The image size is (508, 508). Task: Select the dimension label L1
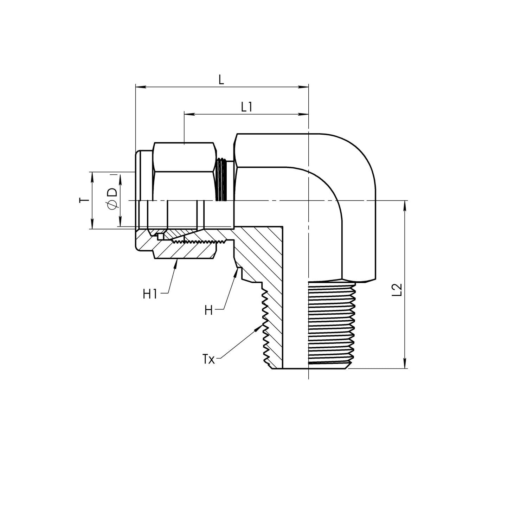(x=247, y=107)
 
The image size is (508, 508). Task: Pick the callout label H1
(x=150, y=294)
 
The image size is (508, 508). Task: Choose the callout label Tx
(x=208, y=360)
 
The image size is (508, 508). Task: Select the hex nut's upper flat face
(x=185, y=157)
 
